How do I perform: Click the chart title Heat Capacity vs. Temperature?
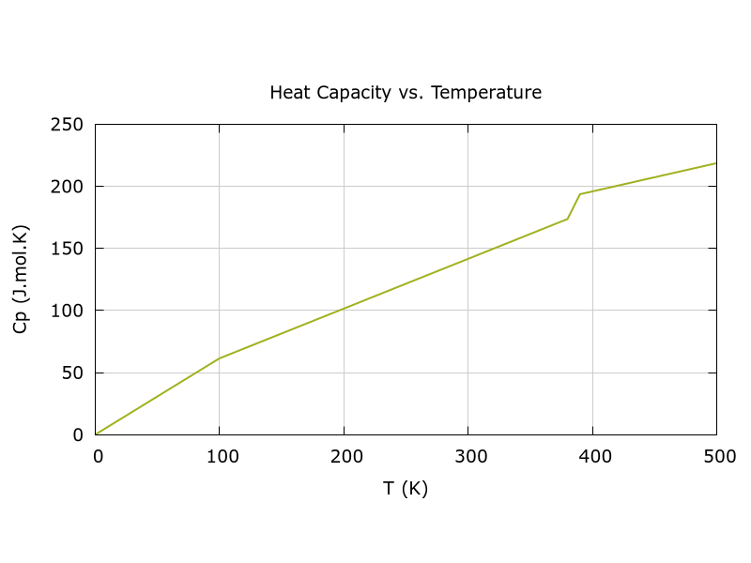[406, 93]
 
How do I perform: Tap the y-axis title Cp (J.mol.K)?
[20, 280]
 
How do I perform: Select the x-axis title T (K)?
[406, 489]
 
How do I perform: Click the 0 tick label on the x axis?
[96, 457]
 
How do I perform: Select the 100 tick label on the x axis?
[220, 457]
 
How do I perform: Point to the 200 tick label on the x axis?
[344, 457]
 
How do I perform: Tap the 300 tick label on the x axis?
[467, 457]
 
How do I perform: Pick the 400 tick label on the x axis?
[592, 457]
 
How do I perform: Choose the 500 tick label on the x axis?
[716, 457]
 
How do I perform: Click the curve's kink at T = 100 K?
[220, 358]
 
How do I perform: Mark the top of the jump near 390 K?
[580, 194]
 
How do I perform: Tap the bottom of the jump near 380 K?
[567, 220]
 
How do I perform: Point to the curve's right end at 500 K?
[716, 163]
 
